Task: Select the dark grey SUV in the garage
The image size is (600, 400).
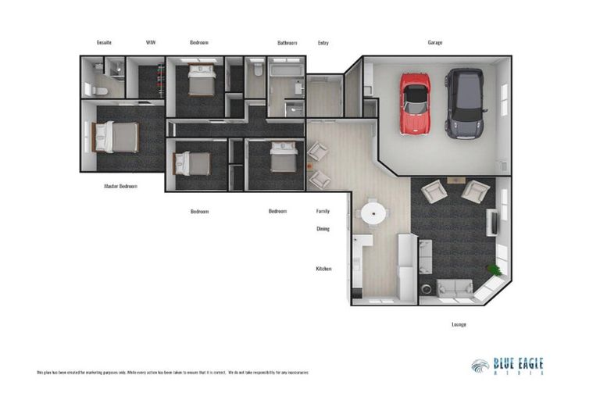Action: click(463, 102)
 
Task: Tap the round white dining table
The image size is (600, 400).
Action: click(372, 212)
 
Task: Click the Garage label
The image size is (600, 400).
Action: click(434, 42)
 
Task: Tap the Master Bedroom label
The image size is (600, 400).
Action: click(120, 187)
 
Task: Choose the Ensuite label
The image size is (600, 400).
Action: click(104, 42)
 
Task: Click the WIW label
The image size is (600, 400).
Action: click(151, 42)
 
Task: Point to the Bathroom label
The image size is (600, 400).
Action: click(287, 42)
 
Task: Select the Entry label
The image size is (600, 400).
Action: click(323, 42)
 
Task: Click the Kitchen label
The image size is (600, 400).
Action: click(323, 269)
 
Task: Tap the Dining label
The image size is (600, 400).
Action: click(323, 229)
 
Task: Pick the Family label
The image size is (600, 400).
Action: click(323, 211)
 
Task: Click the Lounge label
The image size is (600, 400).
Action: click(459, 324)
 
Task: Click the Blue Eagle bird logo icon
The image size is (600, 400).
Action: click(480, 366)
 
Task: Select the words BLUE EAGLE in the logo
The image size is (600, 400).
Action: click(518, 363)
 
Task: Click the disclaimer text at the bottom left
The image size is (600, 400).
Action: click(173, 373)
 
